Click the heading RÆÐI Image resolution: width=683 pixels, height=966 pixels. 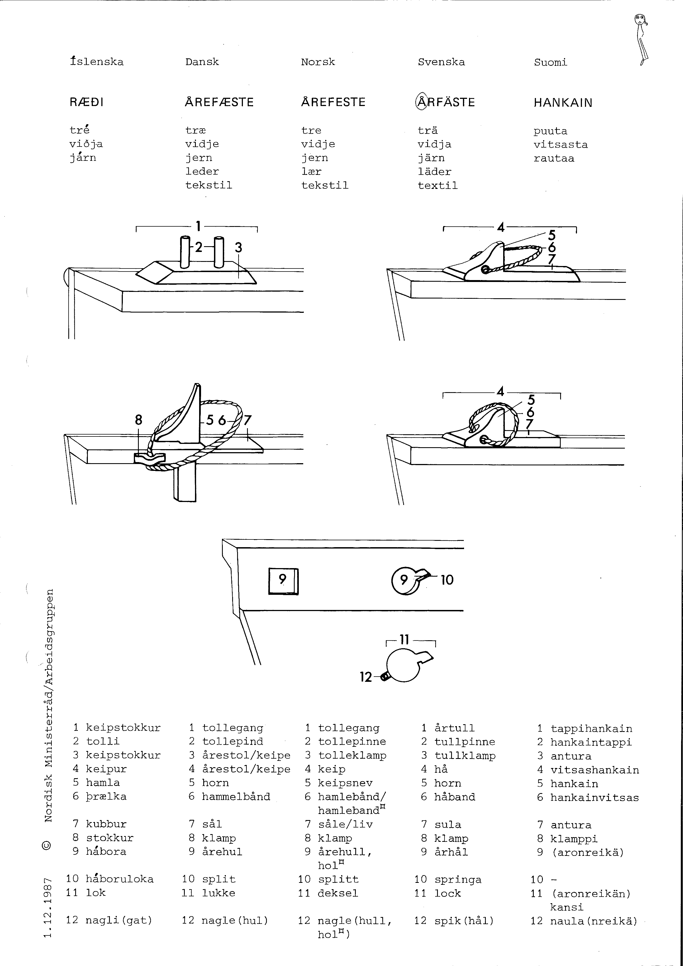click(x=86, y=102)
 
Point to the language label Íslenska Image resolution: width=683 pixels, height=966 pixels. click(x=96, y=62)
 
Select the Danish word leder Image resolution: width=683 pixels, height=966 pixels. click(x=202, y=172)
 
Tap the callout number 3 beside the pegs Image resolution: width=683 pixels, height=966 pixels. click(x=238, y=247)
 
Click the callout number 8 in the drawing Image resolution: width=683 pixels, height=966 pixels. click(x=139, y=419)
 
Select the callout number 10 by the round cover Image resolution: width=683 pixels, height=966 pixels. click(x=447, y=580)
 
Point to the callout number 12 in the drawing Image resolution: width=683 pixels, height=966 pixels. click(x=366, y=677)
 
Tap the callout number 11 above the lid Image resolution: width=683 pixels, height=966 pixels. click(x=404, y=640)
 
